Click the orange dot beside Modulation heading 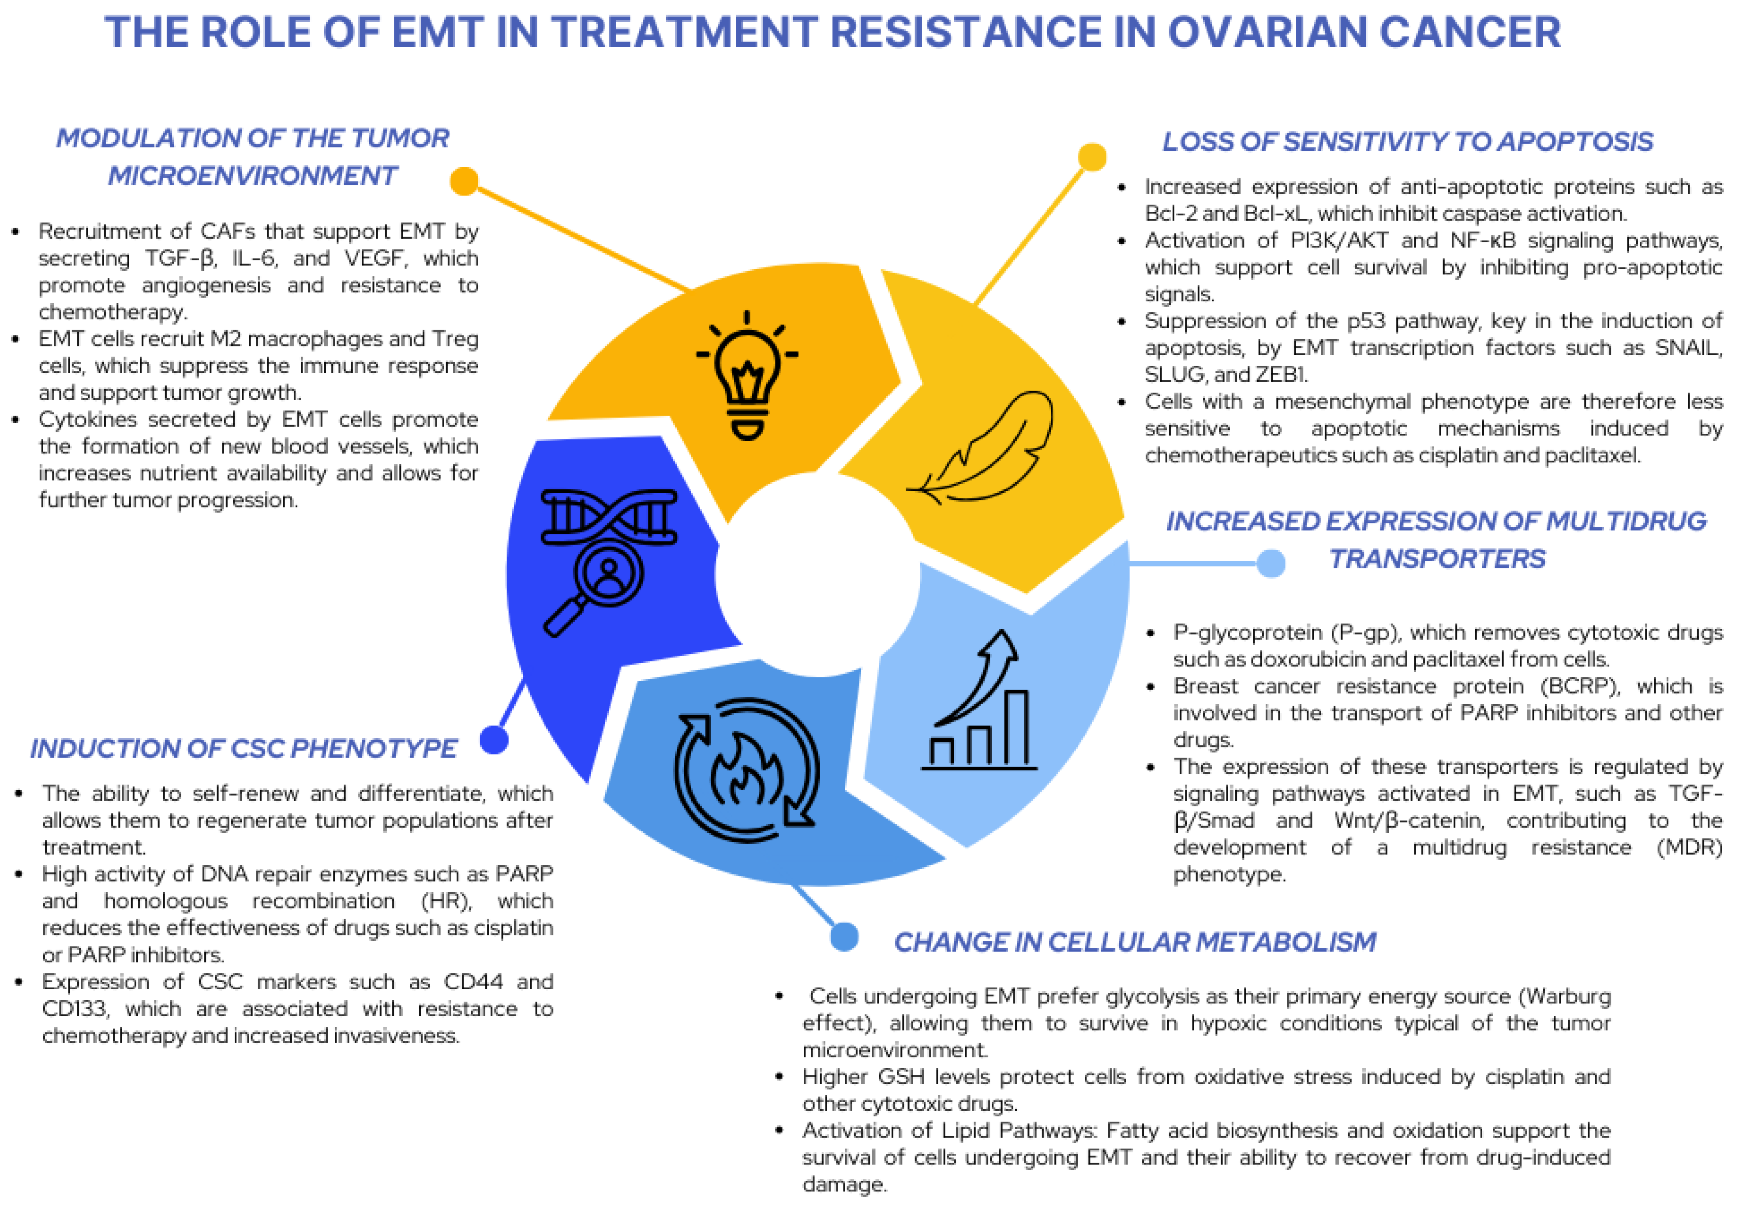464,181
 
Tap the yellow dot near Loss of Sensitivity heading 1091,157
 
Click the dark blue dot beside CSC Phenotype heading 494,740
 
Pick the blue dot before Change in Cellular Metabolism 844,937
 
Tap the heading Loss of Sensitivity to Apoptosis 1407,142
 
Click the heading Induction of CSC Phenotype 243,748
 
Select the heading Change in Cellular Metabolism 1135,942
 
